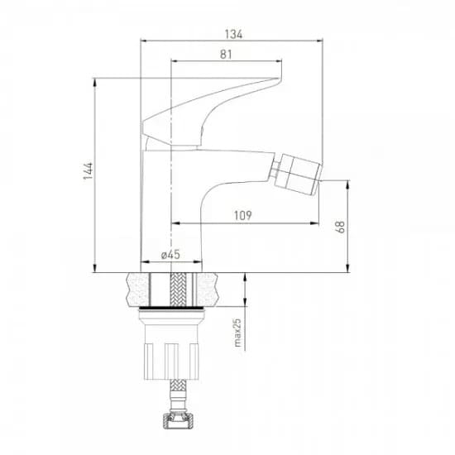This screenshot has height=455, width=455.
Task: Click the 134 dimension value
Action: point(233,34)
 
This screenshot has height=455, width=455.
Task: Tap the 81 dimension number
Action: point(226,55)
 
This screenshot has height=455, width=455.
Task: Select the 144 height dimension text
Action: point(89,170)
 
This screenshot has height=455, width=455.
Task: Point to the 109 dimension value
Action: point(243,215)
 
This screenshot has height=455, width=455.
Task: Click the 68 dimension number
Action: point(340,227)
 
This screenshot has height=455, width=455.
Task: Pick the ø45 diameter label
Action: point(170,255)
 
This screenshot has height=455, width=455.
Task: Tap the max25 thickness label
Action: point(237,333)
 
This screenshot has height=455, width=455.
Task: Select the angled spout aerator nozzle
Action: point(298,174)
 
